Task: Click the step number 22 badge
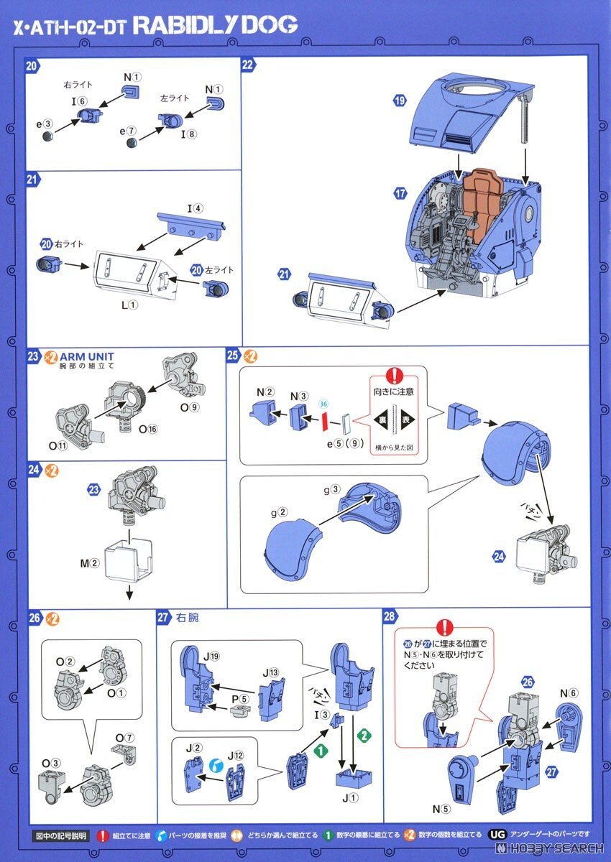pos(248,65)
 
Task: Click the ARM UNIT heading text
pos(87,356)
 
